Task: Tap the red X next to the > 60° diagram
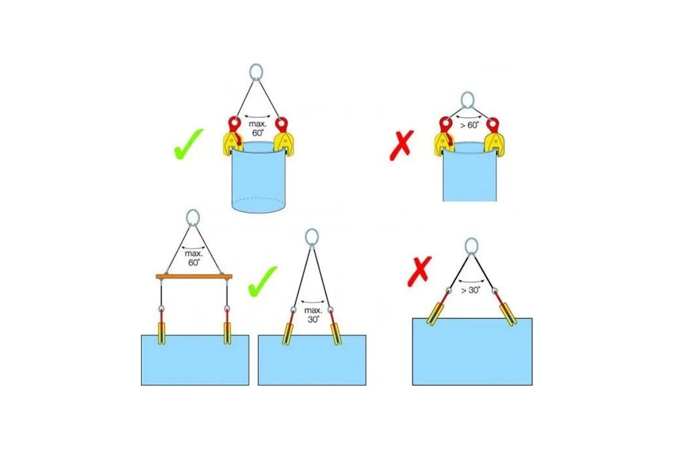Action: coord(402,145)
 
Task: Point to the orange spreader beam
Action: coord(194,276)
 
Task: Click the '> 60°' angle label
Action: coord(470,125)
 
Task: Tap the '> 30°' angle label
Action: coord(471,290)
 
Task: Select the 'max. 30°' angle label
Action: coord(313,314)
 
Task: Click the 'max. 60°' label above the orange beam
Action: coord(193,258)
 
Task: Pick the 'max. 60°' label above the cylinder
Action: coord(258,129)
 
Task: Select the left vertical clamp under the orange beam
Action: coord(162,333)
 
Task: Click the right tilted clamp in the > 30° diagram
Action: coord(508,314)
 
